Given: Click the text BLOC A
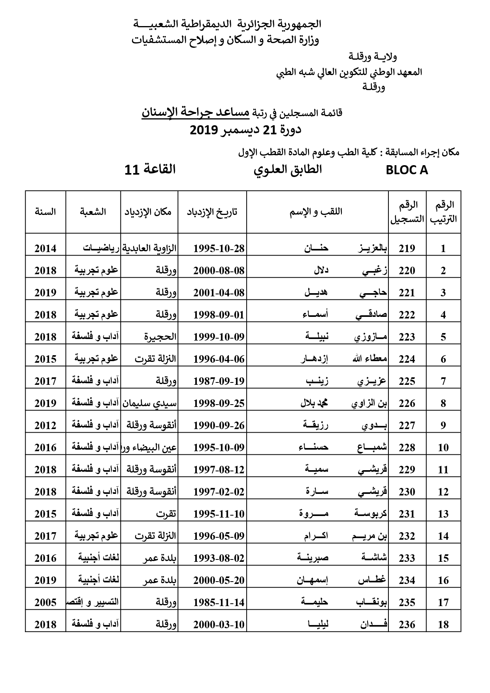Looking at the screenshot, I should click(407, 170).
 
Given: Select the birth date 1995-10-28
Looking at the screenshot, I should click(219, 249).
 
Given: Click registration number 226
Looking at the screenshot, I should click(407, 403).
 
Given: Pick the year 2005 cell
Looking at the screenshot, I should click(45, 603).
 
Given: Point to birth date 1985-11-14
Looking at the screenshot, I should click(219, 603).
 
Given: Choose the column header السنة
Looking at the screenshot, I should click(45, 212).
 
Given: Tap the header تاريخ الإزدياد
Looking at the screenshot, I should click(212, 212).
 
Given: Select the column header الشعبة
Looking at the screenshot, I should click(93, 212).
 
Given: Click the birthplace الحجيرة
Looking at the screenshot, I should click(160, 337).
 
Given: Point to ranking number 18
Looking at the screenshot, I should click(443, 625).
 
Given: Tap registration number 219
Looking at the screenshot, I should click(407, 249).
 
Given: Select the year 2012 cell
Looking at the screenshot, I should click(45, 426).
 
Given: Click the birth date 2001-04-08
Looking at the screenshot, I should click(219, 293).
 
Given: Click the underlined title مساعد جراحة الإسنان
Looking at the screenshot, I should click(196, 113).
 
